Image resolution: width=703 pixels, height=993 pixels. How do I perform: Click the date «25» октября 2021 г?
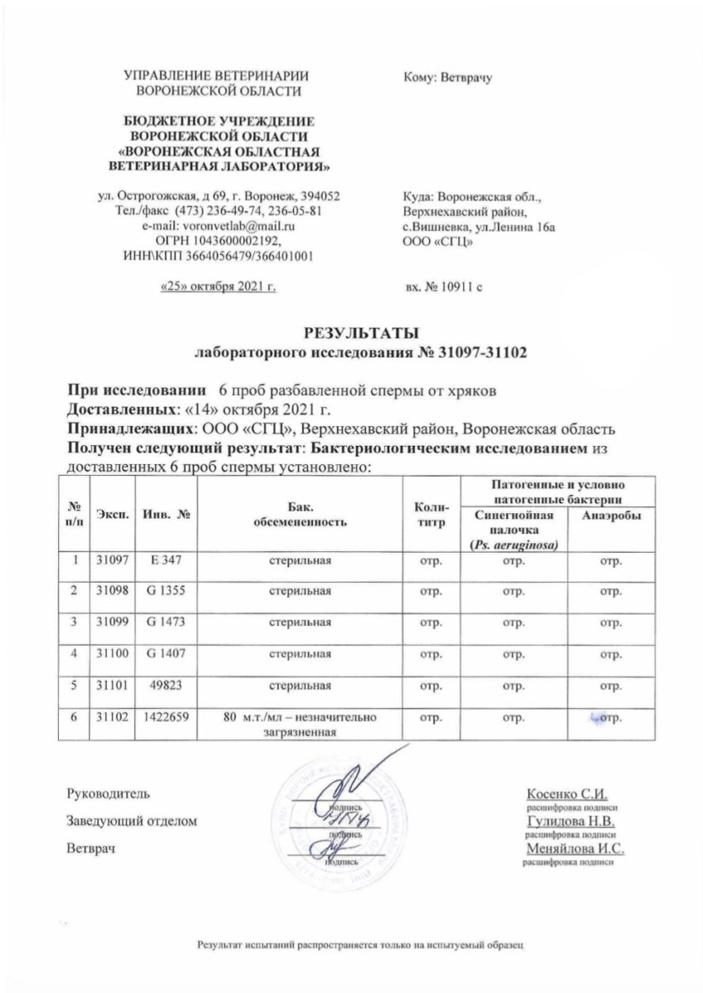click(217, 286)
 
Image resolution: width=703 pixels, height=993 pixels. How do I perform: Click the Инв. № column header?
click(163, 515)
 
